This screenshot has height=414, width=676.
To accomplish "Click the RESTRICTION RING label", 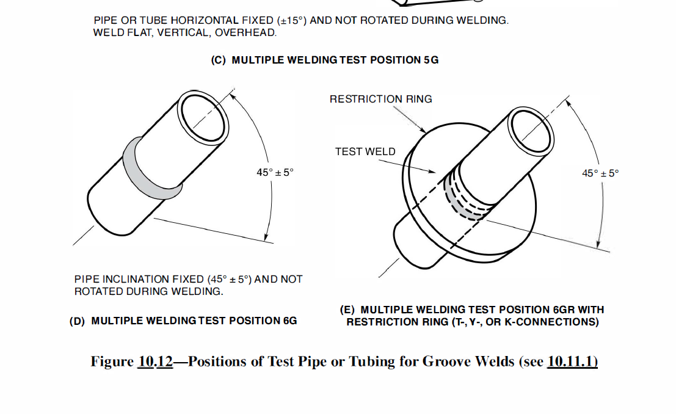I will (x=380, y=99).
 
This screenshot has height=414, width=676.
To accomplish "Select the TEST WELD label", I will (x=365, y=151).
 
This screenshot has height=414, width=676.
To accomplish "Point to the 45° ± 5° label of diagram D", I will (x=275, y=172).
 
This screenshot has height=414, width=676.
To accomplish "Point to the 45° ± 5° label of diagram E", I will (x=600, y=173).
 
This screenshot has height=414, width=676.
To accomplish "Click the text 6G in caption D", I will (x=290, y=321).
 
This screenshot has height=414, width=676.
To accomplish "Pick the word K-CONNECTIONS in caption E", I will (x=558, y=322).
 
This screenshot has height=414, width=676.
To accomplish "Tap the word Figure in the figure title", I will (x=112, y=361).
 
